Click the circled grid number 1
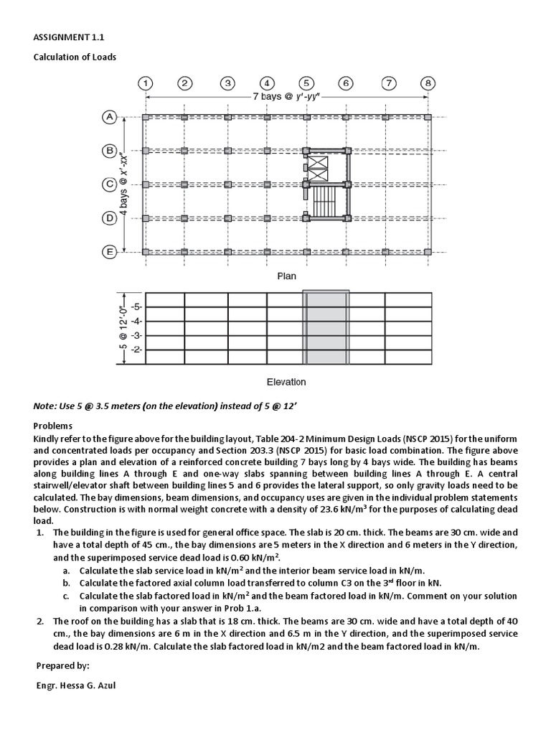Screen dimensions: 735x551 coord(146,83)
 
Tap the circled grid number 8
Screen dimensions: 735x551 coord(428,83)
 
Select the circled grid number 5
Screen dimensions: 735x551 coord(306,83)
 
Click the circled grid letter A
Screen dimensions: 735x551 coord(110,117)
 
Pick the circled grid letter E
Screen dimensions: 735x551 coord(110,251)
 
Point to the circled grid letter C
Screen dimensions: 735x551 coord(110,184)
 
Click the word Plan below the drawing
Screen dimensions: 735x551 coord(286,276)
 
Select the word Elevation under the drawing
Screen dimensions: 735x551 coord(286,382)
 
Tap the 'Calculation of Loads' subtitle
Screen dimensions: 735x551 coord(75,57)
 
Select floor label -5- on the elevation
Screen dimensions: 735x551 coord(136,306)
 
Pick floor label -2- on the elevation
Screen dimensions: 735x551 coord(136,349)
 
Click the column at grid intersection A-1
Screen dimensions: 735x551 coord(146,117)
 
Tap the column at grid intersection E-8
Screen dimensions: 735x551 coord(428,251)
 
